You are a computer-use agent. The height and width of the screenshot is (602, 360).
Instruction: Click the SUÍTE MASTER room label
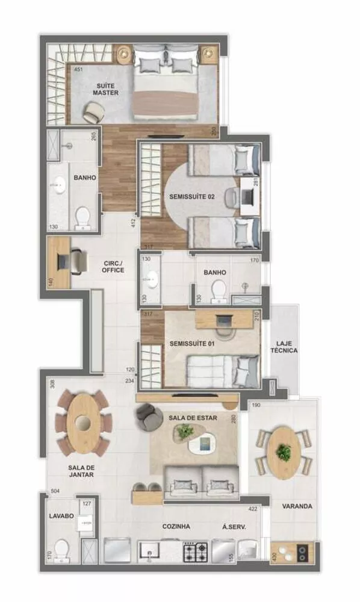105,89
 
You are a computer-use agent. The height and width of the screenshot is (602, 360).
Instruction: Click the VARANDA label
297,506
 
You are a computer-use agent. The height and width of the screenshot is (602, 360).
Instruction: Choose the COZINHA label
176,526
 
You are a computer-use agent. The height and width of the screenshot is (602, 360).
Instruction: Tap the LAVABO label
61,516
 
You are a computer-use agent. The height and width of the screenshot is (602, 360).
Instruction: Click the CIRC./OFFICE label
113,266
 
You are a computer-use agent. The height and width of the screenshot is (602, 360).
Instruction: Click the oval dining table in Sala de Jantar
83,421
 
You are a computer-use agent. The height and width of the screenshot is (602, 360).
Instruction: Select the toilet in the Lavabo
61,550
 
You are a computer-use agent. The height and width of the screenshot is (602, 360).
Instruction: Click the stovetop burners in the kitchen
195,550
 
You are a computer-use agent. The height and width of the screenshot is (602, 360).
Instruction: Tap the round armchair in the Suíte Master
93,113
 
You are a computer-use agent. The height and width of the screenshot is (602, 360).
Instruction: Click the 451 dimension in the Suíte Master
78,70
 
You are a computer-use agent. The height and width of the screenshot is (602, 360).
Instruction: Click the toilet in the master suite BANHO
82,217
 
